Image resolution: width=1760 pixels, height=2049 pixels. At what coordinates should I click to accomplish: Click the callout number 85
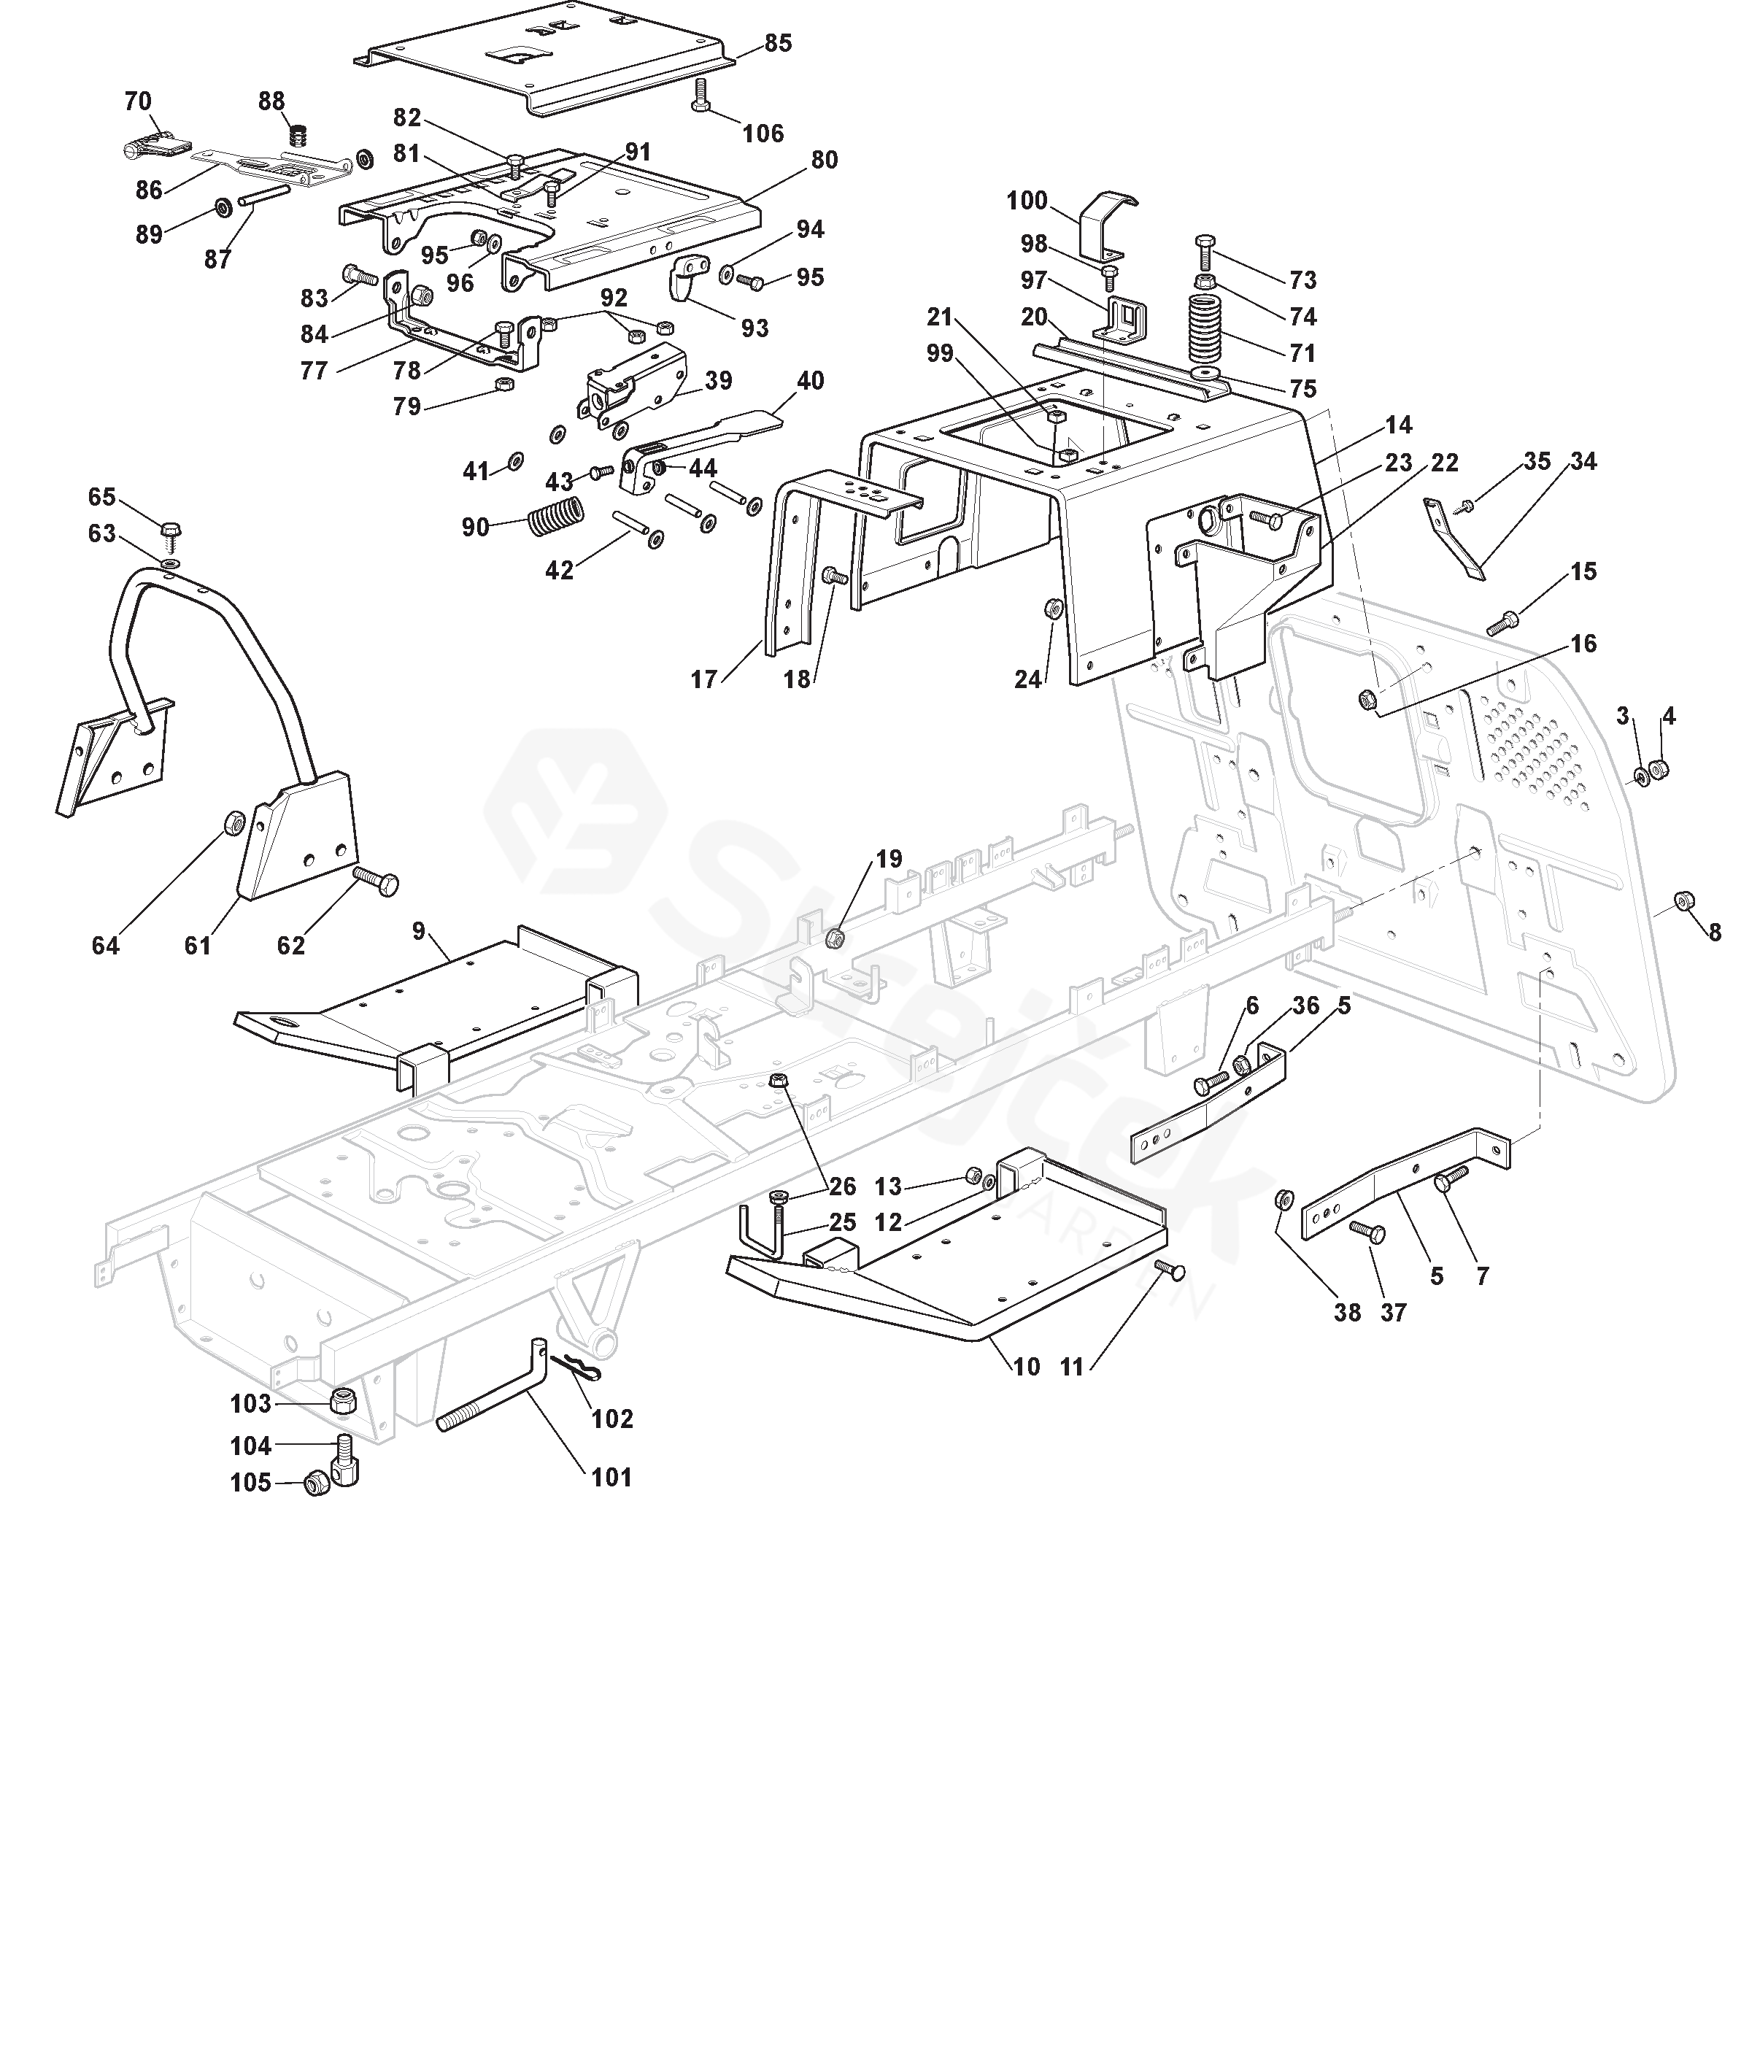coord(778,44)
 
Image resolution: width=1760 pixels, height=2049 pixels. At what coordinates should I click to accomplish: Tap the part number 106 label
coord(763,134)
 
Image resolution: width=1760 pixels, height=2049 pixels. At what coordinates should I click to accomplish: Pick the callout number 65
coord(102,496)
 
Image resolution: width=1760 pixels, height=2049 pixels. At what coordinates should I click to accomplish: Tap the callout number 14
coord(1398,425)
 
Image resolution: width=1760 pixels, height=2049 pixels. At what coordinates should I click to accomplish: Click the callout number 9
coord(418,930)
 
